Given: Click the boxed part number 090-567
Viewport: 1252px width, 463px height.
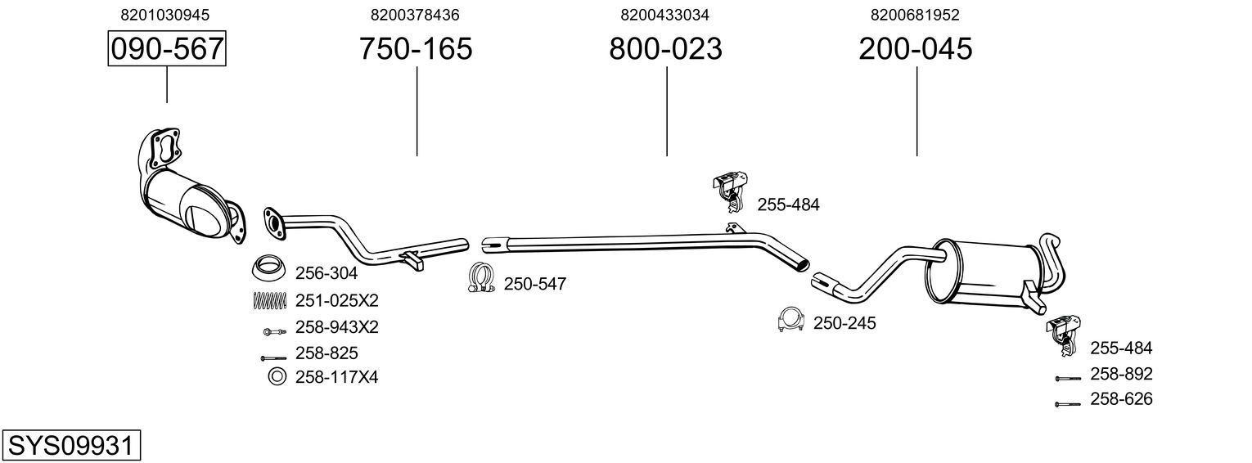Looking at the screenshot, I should (167, 49).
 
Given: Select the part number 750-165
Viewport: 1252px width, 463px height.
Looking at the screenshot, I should (416, 49).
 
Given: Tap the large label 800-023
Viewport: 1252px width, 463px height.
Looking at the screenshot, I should (665, 49).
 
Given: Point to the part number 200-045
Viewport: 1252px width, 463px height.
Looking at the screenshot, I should (916, 49).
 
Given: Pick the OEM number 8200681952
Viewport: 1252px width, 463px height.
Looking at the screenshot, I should (915, 15).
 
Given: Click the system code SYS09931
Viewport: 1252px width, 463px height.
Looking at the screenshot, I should (70, 446).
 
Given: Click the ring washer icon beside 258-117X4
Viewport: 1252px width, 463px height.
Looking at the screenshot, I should (277, 377).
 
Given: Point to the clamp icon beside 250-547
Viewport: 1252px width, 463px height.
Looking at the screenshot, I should (483, 279).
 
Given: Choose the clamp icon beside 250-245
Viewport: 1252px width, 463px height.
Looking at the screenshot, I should (791, 321).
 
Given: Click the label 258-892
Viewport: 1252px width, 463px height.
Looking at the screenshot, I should (1120, 374).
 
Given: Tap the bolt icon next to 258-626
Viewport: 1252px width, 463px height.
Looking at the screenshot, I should (1068, 403).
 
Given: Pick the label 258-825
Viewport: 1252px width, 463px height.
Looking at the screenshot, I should (326, 353).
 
